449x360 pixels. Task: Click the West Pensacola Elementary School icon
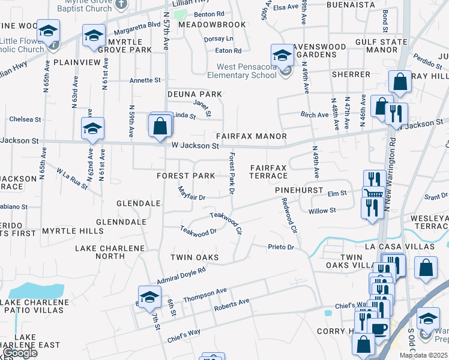(281, 55)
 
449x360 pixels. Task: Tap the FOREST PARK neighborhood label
(185, 176)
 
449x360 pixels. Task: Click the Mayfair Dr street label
(191, 194)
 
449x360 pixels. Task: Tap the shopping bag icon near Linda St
(160, 126)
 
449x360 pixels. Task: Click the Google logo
(20, 353)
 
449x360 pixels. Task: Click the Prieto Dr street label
(281, 247)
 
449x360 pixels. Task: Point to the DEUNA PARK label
(186, 94)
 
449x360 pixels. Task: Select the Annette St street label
(145, 80)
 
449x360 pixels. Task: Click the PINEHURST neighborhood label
(295, 189)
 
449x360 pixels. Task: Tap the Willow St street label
(322, 211)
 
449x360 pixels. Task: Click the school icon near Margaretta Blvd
(93, 36)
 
